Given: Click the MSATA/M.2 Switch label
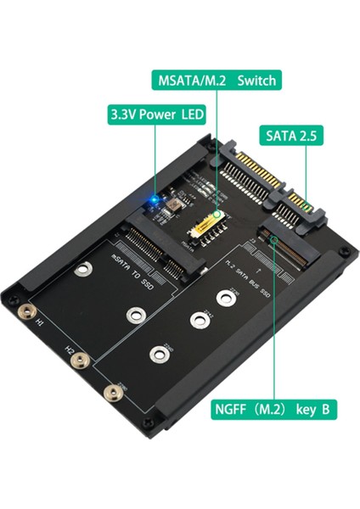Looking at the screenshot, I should pos(216,81).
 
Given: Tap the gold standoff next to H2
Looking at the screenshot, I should pos(79,361).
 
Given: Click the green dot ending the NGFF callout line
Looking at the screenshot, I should pos(274,241).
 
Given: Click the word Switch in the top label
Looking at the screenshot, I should pos(255,81).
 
